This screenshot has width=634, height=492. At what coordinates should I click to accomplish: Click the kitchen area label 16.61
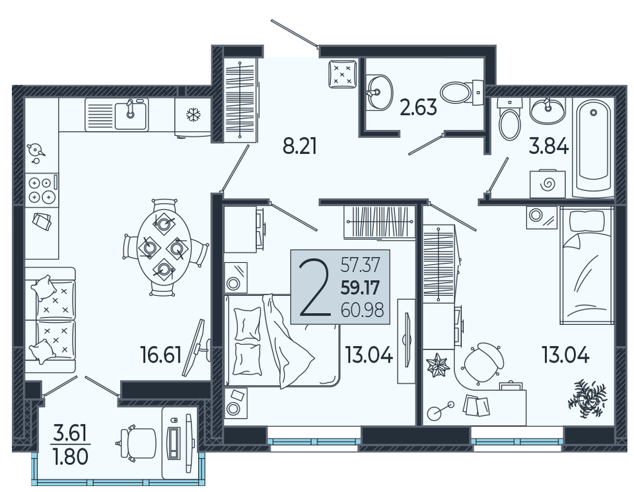click(160, 355)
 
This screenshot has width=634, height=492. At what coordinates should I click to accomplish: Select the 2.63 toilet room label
click(419, 107)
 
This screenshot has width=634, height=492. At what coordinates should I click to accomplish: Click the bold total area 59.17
click(361, 288)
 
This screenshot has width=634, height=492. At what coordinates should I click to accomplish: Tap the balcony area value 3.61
click(71, 434)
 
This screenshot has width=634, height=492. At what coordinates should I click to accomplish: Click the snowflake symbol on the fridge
click(194, 115)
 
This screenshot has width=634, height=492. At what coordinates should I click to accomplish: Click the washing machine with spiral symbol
click(547, 184)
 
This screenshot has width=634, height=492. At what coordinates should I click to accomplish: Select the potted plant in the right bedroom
click(587, 398)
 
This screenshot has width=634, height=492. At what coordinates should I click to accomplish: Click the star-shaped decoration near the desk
click(437, 365)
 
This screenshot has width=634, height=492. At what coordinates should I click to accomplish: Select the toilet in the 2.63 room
click(462, 92)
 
